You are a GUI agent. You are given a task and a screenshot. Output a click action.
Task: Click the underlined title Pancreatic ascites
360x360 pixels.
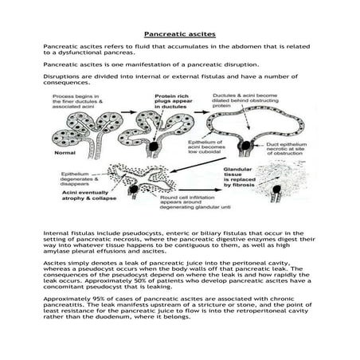[179, 35]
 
